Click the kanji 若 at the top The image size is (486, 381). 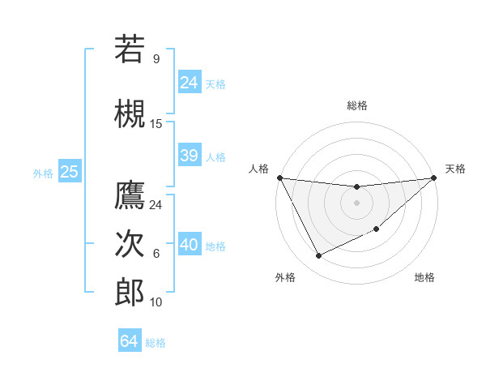[130, 49]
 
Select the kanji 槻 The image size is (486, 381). [130, 111]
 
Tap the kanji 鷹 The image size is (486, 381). [130, 195]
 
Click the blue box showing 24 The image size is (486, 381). [189, 82]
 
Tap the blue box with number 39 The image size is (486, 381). [189, 156]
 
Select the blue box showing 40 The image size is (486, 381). [189, 245]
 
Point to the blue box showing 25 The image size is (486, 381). [69, 172]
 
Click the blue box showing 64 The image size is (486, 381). [129, 341]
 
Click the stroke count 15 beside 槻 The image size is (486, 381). [156, 123]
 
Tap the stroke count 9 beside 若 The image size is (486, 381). [156, 59]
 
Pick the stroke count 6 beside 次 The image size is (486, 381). [156, 254]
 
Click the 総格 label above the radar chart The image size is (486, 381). [356, 105]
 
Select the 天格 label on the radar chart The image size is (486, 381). [456, 169]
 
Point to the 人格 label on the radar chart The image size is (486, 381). [258, 169]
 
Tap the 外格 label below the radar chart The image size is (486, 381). [285, 278]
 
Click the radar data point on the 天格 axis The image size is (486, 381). [433, 178]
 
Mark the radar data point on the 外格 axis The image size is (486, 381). [318, 256]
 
